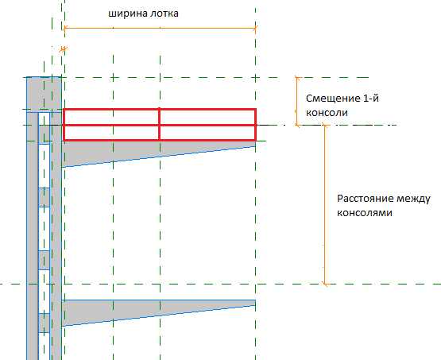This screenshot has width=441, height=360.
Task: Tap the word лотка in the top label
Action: click(x=164, y=14)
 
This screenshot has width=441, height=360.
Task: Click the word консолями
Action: click(x=365, y=213)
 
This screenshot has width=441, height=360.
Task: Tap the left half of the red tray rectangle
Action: click(x=112, y=124)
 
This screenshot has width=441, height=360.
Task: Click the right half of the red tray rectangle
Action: click(x=208, y=124)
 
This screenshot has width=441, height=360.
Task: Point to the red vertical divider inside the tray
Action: click(x=160, y=124)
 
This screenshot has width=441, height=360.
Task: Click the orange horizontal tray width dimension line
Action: click(x=160, y=28)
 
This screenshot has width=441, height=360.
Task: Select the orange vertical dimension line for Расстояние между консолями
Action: click(x=324, y=204)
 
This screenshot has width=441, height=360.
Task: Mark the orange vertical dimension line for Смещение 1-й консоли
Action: click(x=297, y=101)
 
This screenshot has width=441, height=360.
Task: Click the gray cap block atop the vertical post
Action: click(x=44, y=95)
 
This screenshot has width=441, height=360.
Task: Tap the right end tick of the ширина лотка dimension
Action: click(x=255, y=28)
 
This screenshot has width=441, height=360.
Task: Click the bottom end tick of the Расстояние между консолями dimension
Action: click(x=325, y=284)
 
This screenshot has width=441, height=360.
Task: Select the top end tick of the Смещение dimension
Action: click(x=297, y=77)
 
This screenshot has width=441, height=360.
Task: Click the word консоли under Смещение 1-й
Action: click(x=327, y=113)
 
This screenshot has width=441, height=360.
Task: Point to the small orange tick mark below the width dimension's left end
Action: click(x=64, y=50)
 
